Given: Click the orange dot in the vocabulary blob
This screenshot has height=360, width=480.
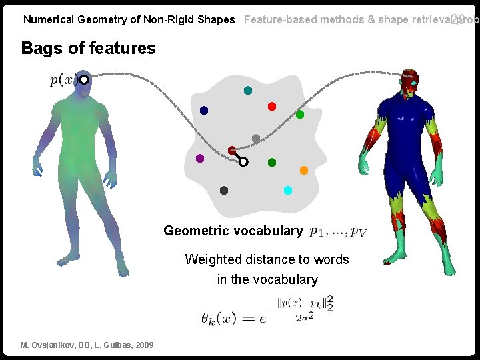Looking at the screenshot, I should tap(304, 170).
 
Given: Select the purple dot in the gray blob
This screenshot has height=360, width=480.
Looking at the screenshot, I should tap(200, 159).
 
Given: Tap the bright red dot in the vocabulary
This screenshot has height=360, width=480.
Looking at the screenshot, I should tap(271, 106).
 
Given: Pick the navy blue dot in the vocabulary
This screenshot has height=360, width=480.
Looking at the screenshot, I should tap(204, 110).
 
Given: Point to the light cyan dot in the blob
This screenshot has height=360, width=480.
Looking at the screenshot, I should tap(288, 190).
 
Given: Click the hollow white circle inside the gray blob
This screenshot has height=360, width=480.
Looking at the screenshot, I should tap(243, 161).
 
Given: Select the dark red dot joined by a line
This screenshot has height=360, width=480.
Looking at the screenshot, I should tap(231, 151).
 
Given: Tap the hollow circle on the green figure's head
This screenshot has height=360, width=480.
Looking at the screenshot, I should tap(85, 80).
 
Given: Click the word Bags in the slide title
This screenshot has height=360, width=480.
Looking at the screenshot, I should tap(41, 48).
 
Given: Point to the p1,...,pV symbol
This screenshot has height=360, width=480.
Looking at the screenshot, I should tap(338, 232).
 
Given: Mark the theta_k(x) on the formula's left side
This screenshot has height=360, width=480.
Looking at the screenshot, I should tap(218, 318).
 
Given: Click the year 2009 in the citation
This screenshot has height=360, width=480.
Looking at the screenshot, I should tap(143, 345).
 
